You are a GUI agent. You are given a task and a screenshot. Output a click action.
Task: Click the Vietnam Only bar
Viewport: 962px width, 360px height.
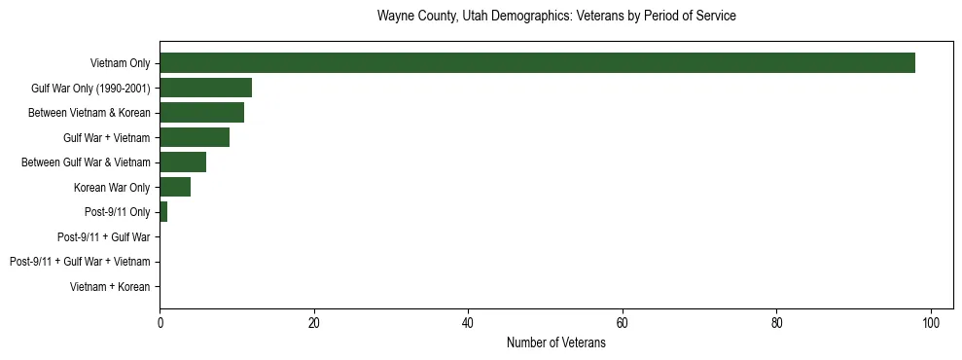(537, 63)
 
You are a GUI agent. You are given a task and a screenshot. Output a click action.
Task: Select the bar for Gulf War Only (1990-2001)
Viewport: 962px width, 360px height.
(205, 88)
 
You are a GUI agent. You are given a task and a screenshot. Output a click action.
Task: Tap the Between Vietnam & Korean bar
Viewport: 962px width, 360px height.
(201, 113)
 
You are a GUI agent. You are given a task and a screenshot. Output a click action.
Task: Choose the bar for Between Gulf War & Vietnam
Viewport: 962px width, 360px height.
(183, 162)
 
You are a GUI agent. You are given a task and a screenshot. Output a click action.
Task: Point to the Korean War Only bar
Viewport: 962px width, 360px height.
(175, 187)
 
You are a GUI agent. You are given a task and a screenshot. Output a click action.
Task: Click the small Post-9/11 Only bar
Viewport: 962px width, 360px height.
(163, 212)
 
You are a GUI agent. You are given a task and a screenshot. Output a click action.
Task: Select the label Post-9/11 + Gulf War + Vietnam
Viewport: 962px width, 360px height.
(80, 262)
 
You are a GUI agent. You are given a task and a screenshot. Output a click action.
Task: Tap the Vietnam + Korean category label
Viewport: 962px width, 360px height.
(110, 287)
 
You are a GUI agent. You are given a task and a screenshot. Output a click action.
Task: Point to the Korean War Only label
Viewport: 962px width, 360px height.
(112, 187)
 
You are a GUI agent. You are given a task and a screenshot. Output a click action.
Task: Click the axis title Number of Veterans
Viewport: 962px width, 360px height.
(556, 343)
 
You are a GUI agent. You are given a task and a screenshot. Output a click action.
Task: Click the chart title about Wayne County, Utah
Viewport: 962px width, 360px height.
(556, 17)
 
